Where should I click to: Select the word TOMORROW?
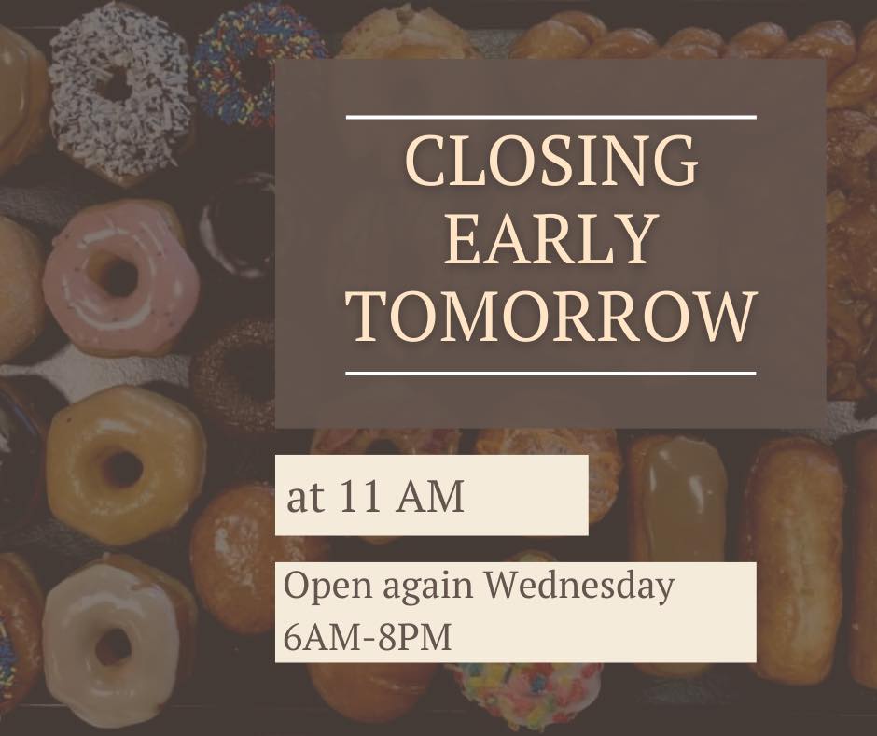pos(551,316)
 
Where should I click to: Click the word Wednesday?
pos(578,586)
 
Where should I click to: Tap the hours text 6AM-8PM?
pos(368,636)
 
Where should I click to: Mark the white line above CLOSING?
pos(551,117)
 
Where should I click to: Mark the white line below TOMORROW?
pos(551,373)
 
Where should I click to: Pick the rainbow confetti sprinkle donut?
pos(526,695)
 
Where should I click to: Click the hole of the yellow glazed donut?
pos(122,468)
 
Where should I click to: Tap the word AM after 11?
pos(430,496)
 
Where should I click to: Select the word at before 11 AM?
pos(305,498)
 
